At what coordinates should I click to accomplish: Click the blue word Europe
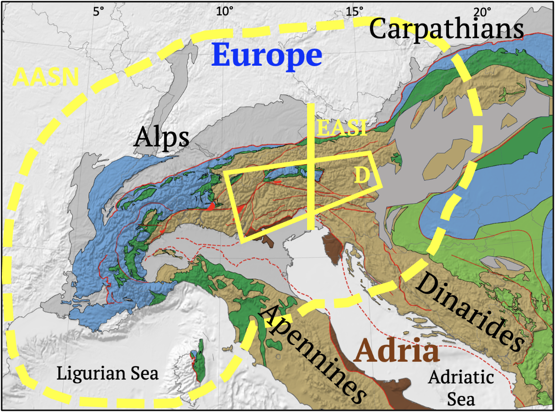(x=267, y=56)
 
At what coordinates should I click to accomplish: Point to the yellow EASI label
(x=341, y=128)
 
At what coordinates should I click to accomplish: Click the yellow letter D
(x=361, y=175)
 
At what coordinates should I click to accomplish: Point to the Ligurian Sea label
(x=108, y=374)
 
